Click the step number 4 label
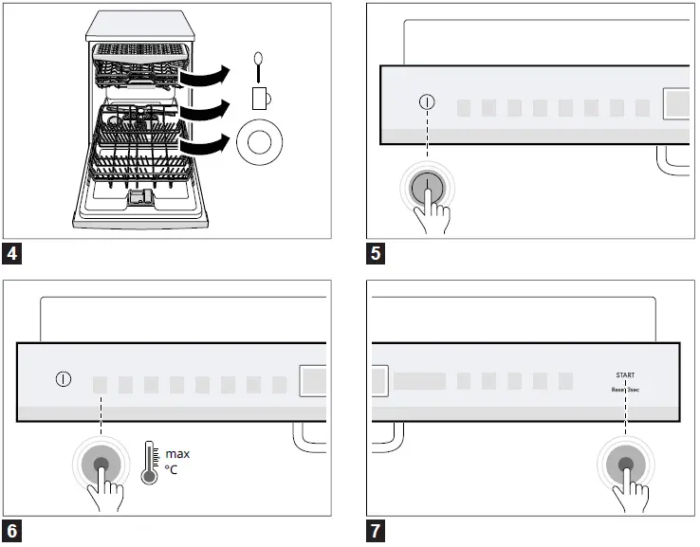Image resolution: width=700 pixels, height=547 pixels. pyautogui.click(x=11, y=253)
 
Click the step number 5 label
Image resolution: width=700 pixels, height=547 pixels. pyautogui.click(x=376, y=253)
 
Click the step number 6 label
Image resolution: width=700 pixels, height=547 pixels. pyautogui.click(x=11, y=531)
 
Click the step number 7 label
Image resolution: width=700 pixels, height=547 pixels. pyautogui.click(x=376, y=531)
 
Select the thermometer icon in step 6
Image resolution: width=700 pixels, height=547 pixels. pyautogui.click(x=149, y=462)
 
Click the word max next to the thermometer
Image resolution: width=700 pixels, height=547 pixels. pyautogui.click(x=177, y=454)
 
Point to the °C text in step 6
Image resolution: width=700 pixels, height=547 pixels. pyautogui.click(x=173, y=470)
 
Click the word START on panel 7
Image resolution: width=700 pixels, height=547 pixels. pyautogui.click(x=625, y=375)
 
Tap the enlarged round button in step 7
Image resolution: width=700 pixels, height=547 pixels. pyautogui.click(x=626, y=465)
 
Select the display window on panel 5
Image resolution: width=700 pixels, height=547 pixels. pyautogui.click(x=677, y=103)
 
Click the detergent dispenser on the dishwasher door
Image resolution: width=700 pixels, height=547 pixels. pyautogui.click(x=140, y=197)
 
